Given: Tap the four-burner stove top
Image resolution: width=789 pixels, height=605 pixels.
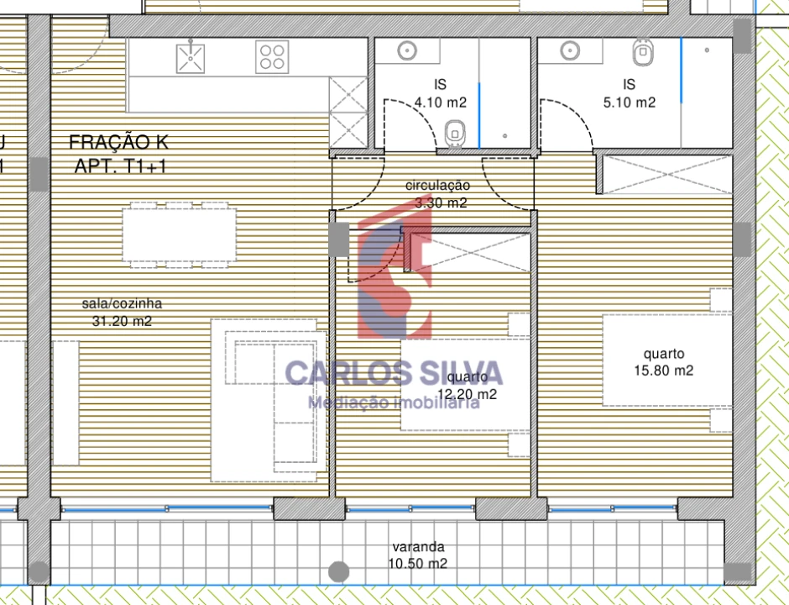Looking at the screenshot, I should coord(272,57).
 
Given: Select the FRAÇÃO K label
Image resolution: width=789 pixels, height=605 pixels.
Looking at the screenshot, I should coord(112,142).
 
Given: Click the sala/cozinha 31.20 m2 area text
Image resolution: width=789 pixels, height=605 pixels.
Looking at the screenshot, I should coord(123,312).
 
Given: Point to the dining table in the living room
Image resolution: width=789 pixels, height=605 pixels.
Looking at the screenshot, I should coord(180,236).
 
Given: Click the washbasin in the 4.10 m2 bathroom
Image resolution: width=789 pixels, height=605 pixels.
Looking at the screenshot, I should coord(407,50).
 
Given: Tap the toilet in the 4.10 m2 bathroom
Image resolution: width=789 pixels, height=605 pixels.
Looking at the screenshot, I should coord(455,132).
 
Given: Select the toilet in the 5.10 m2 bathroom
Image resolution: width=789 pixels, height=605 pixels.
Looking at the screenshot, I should coord(642,54).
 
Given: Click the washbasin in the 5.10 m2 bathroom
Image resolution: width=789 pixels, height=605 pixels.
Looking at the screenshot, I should coord(570,50).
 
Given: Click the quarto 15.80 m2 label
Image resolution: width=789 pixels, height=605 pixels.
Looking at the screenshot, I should coord(663,362).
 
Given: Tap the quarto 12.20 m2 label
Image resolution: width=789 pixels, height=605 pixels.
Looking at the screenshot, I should coord(468,386).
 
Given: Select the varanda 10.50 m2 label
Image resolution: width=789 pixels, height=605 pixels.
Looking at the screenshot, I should coord(418,555).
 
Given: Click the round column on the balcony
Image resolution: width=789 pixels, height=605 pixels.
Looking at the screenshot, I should coord(338,572).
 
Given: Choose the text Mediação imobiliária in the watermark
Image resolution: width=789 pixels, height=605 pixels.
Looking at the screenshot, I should coord(393,402).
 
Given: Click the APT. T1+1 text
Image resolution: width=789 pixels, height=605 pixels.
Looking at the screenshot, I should coord(121,166).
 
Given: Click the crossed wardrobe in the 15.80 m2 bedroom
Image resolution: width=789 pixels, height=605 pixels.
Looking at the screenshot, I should coord(668,175).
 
